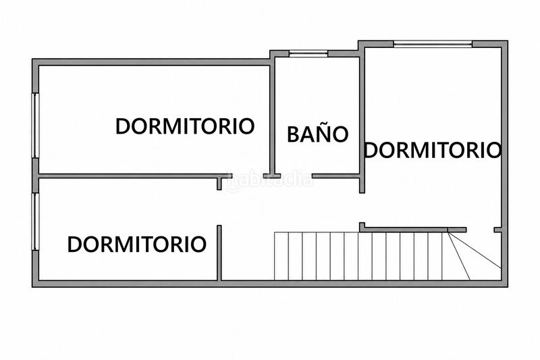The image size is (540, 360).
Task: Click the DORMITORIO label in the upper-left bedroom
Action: point(185,126)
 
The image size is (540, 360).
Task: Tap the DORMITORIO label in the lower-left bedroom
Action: point(137,245)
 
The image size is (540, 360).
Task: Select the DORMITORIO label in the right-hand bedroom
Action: point(433,150)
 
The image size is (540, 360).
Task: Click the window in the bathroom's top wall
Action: point(308,53)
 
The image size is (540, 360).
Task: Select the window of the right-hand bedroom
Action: point(433,44)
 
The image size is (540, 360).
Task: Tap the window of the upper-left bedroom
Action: point(36,126)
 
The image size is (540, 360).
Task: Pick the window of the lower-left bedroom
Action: point(36,221)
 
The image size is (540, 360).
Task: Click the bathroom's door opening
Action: point(296,176)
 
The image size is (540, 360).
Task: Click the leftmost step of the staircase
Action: point(281,256)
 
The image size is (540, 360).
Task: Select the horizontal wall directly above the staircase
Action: point(413,229)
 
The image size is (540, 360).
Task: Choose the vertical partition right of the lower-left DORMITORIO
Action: point(219,253)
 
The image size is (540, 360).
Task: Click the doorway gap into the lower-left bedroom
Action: point(219,208)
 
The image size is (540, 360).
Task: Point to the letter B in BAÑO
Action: point(292,134)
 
